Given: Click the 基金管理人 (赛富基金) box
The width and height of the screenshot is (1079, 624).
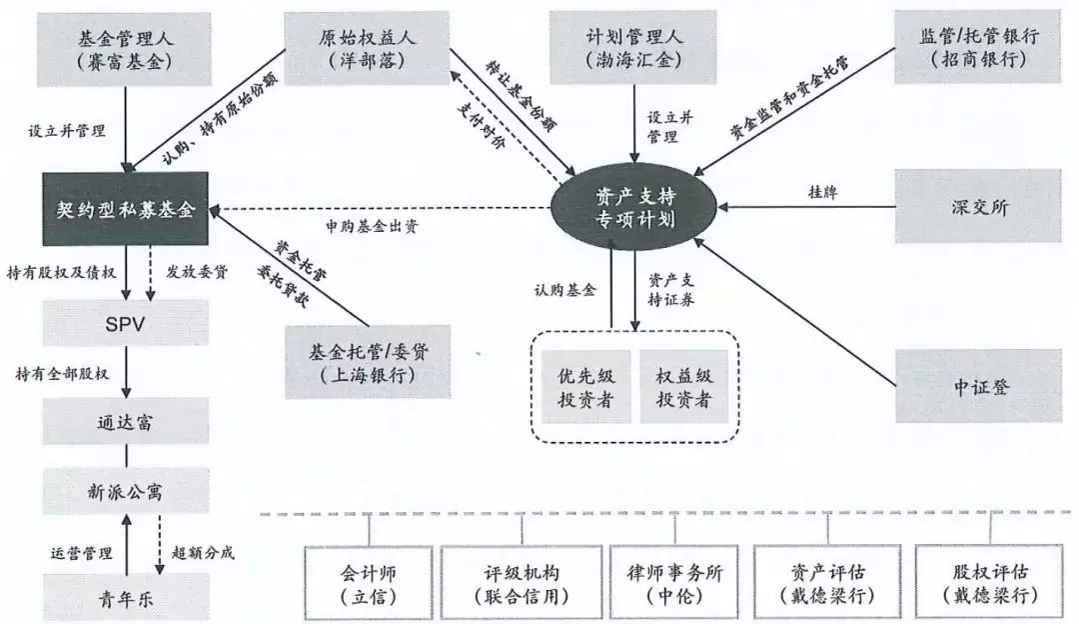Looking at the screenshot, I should click(125, 48).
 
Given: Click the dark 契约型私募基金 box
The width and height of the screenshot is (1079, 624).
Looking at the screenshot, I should click(125, 209).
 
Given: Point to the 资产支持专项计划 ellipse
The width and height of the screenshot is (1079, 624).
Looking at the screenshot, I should click(636, 207).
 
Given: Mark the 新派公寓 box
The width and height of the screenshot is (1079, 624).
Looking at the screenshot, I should click(125, 491).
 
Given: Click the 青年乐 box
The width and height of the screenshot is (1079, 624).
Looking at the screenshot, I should click(125, 598).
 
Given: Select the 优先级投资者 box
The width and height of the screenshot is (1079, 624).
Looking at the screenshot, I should click(585, 387).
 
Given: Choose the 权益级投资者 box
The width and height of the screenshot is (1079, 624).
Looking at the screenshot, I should click(683, 387).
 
